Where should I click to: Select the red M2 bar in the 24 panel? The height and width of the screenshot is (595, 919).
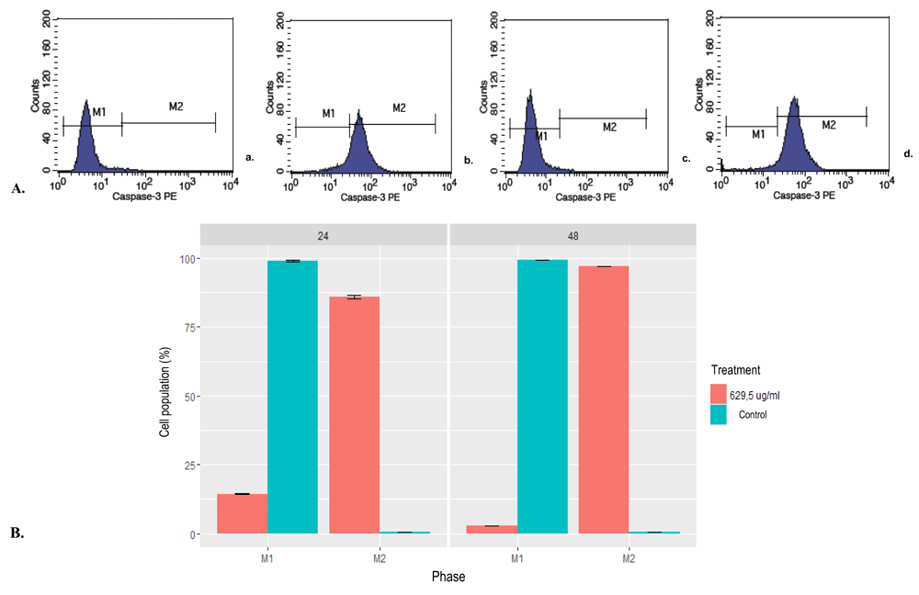click(x=354, y=414)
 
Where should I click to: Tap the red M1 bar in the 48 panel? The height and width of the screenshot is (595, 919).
click(x=493, y=529)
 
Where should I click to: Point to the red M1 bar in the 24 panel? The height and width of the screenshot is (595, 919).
click(x=243, y=513)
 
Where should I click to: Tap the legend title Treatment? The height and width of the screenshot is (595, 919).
click(x=734, y=370)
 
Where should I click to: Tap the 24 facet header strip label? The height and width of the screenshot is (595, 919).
click(x=323, y=235)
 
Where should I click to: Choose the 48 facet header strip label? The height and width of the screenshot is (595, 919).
click(x=573, y=235)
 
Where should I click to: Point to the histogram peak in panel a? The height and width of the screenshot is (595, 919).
click(x=85, y=103)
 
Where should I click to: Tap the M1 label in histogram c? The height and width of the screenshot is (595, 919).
click(x=542, y=136)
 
